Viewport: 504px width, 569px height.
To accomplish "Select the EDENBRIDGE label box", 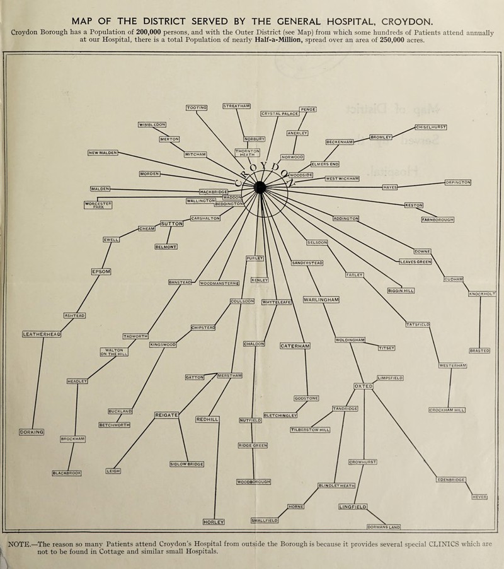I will tap(452, 480).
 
